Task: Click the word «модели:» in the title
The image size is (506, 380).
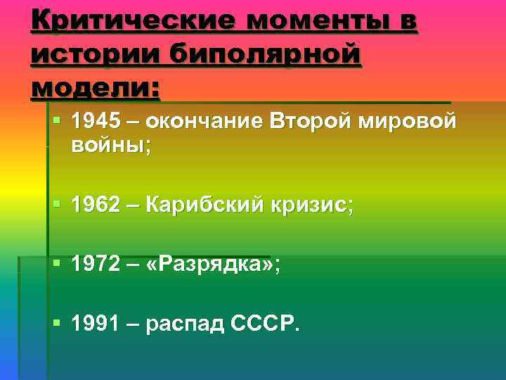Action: pos(96,87)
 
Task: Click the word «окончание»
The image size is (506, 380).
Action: pos(204,122)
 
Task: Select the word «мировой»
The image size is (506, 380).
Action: pos(408,122)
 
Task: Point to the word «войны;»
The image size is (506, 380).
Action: pos(111,146)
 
